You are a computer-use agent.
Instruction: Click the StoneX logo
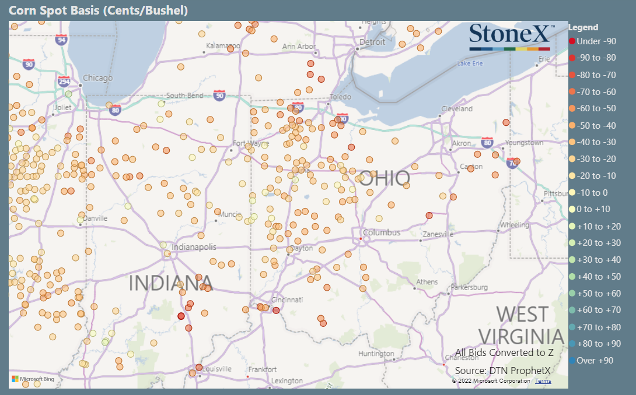pyautogui.click(x=509, y=36)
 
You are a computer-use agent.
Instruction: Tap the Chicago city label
pyautogui.click(x=97, y=78)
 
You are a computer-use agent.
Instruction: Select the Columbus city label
pyautogui.click(x=382, y=232)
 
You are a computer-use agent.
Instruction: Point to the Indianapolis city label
pyautogui.click(x=194, y=248)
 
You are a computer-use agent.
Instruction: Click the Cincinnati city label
pyautogui.click(x=286, y=300)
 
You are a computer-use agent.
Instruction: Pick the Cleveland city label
pyautogui.click(x=456, y=109)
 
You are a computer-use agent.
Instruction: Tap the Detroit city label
pyautogui.click(x=372, y=42)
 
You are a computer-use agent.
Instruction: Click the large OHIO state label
pyautogui.click(x=385, y=178)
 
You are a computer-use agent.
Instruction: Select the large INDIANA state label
pyautogui.click(x=170, y=283)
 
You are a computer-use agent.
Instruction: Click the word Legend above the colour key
pyautogui.click(x=583, y=27)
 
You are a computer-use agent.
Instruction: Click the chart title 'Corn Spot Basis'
pyautogui.click(x=97, y=10)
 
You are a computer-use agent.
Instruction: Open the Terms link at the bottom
pyautogui.click(x=543, y=381)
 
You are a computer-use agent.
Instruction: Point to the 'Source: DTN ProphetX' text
pyautogui.click(x=503, y=371)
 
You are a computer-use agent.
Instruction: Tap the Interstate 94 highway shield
pyautogui.click(x=61, y=40)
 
